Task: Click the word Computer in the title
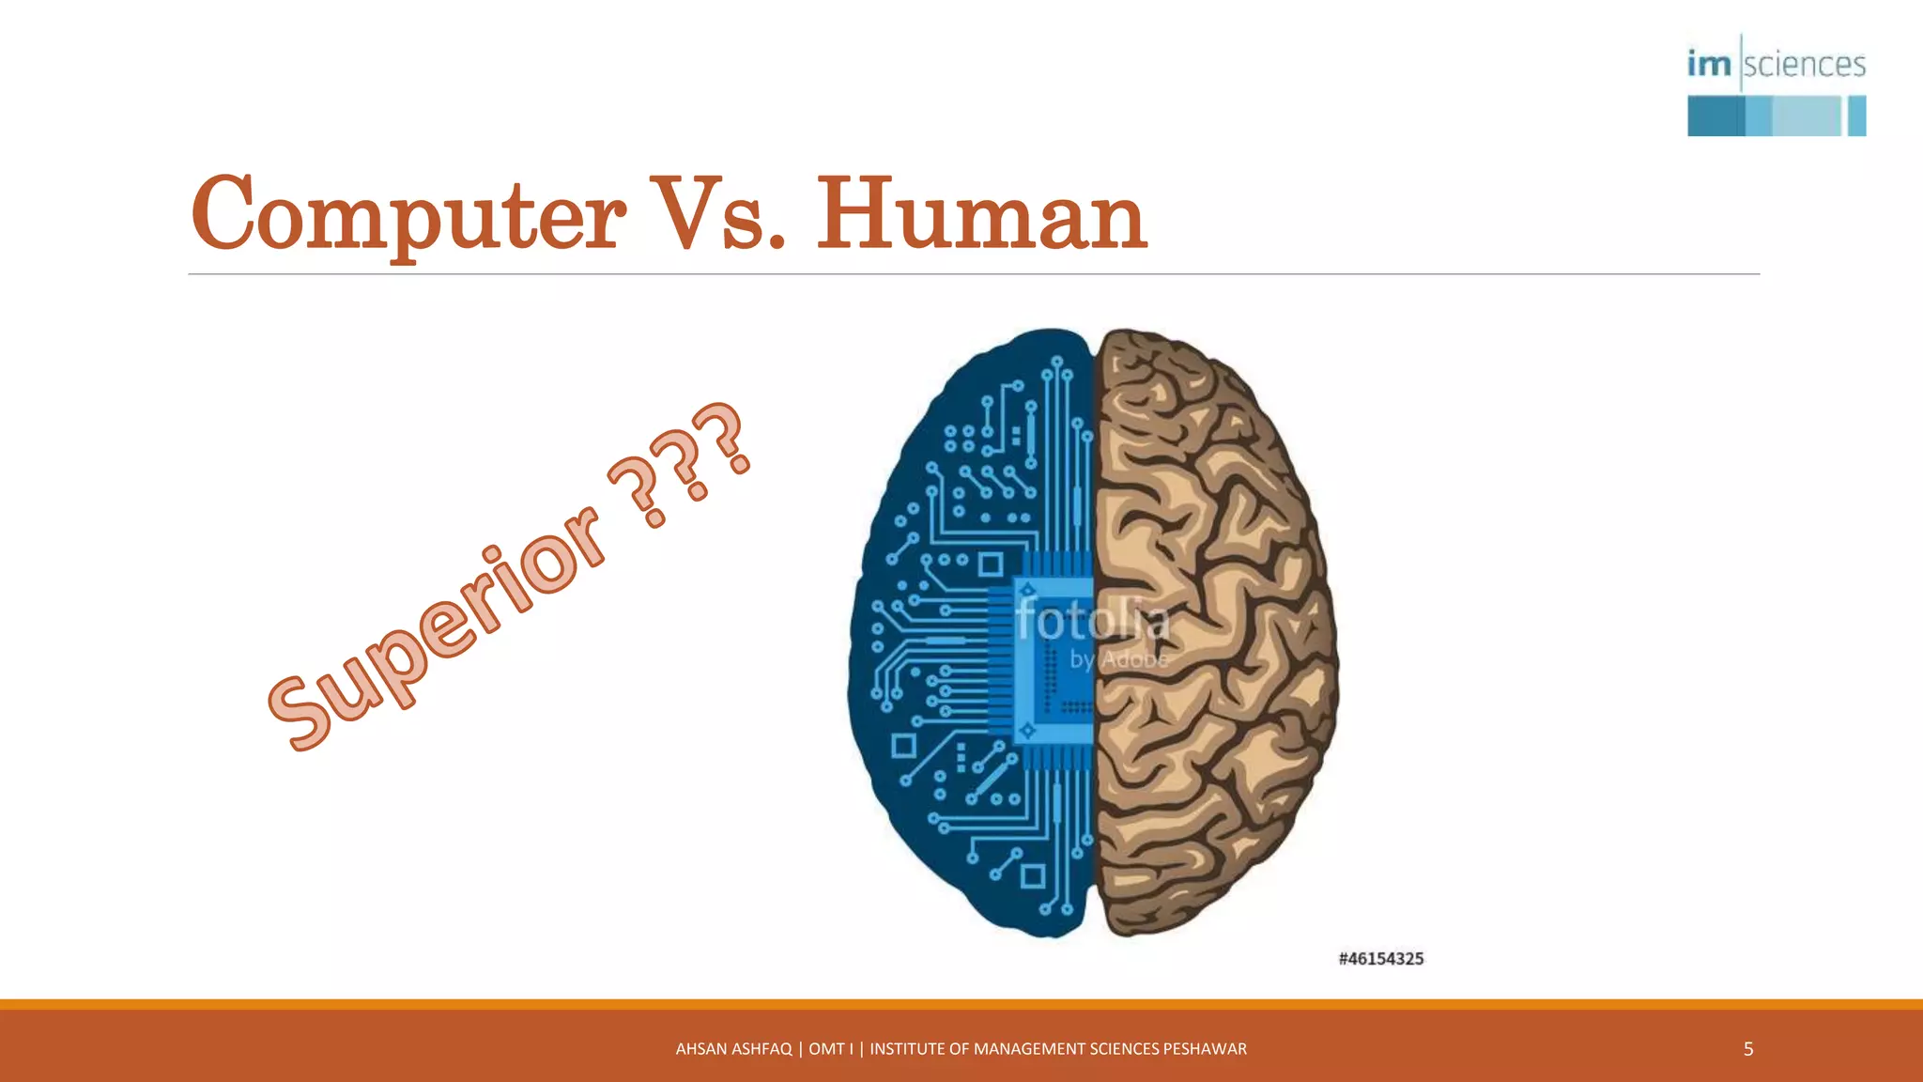point(408,215)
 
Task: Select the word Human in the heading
point(981,215)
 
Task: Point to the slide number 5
point(1747,1049)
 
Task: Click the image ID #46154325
point(1380,959)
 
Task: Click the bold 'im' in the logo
point(1709,64)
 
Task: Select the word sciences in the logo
point(1805,65)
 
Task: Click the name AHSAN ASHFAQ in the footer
point(733,1049)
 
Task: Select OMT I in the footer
point(831,1049)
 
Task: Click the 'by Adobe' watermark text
point(1118,660)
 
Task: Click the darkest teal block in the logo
point(1715,116)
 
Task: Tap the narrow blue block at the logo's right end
point(1856,116)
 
